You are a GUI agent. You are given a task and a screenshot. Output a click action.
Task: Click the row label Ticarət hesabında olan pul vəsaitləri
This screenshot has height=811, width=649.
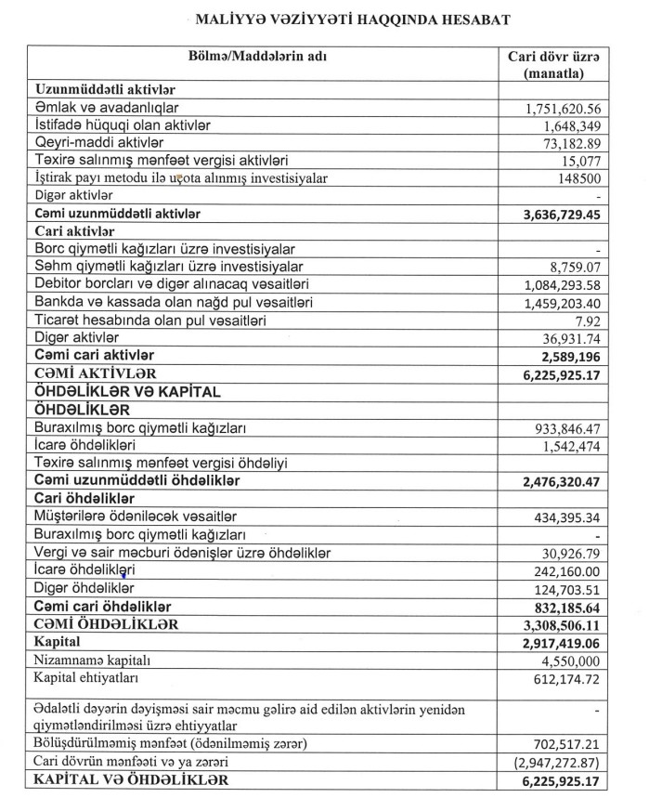coord(149,320)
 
